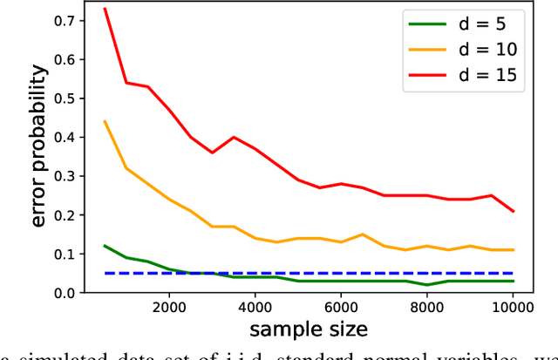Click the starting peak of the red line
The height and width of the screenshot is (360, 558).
(x=105, y=9)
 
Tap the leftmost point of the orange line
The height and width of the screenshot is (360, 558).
(x=105, y=121)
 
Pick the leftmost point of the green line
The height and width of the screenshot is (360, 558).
(x=105, y=246)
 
